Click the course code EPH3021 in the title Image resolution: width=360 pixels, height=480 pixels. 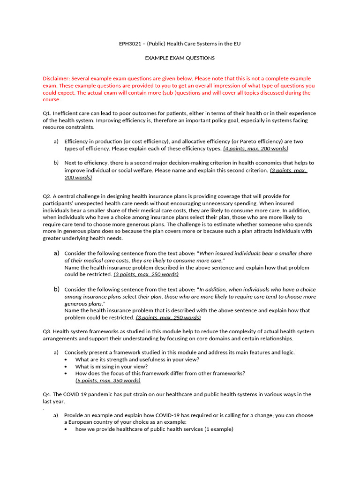[x=131, y=44]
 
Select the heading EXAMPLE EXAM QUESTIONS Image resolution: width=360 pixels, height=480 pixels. [x=180, y=58]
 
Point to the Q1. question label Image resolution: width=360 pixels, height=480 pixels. [x=47, y=113]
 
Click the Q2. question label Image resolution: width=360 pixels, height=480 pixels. [x=47, y=196]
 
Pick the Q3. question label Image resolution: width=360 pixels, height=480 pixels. [x=47, y=331]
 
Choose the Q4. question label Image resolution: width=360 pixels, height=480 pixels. [x=47, y=394]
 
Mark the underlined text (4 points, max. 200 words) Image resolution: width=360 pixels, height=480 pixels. [x=255, y=149]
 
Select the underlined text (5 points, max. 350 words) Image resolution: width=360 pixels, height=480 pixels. [x=108, y=380]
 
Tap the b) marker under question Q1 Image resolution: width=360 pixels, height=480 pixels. [x=56, y=163]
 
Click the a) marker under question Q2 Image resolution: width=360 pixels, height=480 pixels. [x=56, y=253]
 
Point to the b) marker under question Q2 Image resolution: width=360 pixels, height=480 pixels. [x=56, y=289]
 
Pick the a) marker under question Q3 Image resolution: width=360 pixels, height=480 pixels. [x=56, y=352]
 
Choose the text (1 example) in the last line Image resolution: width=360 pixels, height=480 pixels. [x=218, y=429]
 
